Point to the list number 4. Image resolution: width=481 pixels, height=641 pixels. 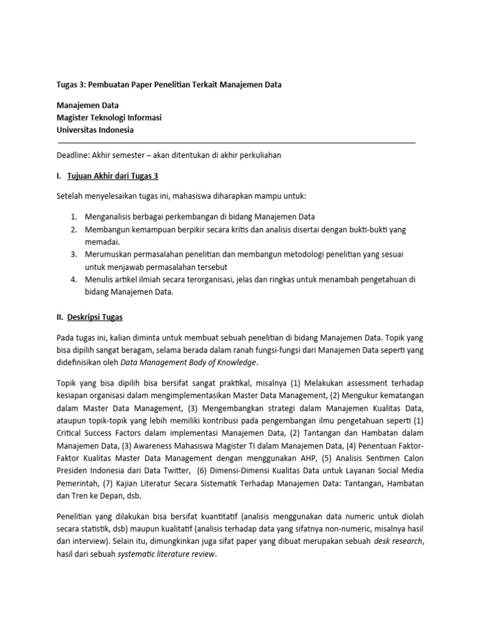[73, 279]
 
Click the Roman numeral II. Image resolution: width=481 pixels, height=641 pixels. [60, 317]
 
